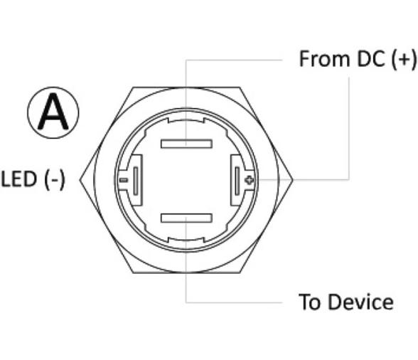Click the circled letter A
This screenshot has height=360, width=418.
[53, 112]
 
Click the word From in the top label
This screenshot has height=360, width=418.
[324, 59]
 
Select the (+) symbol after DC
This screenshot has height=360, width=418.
[403, 60]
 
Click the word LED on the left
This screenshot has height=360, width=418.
[18, 179]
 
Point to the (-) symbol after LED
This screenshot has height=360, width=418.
[55, 180]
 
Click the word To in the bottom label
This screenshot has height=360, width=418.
[309, 302]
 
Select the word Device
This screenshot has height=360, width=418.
[360, 302]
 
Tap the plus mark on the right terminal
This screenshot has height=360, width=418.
[250, 181]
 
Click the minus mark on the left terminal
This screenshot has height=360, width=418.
[124, 181]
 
